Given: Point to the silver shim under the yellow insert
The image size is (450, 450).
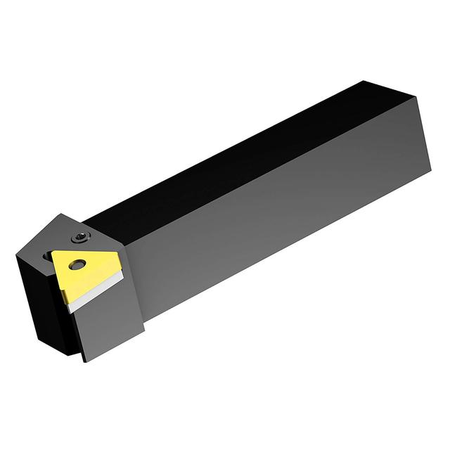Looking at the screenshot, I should (91, 291).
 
